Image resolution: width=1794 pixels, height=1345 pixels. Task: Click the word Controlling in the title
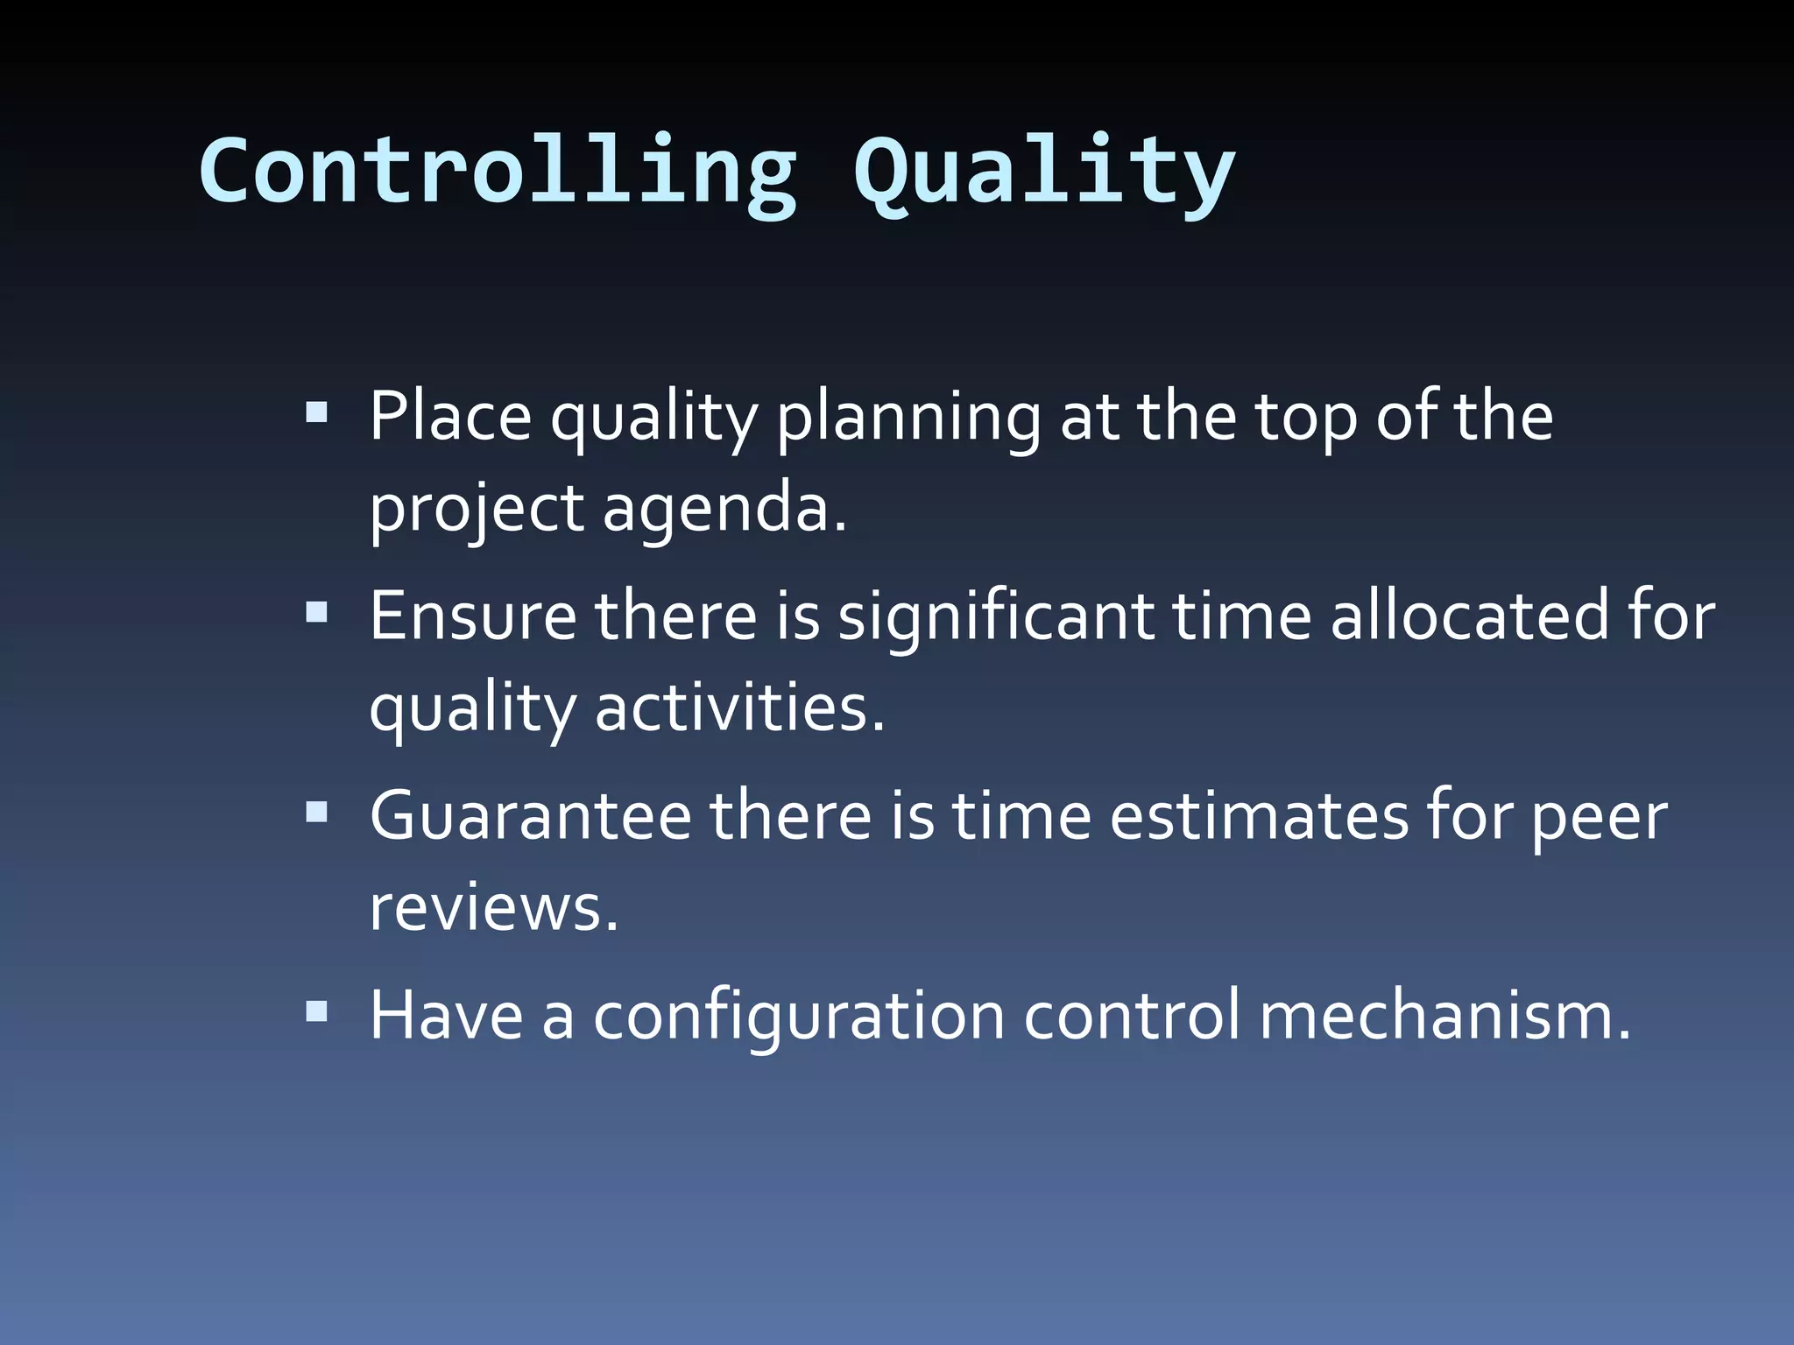click(x=498, y=173)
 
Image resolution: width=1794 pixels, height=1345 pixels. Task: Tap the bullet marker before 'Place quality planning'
click(x=316, y=412)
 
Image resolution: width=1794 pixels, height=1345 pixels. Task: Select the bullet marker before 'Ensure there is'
click(x=316, y=611)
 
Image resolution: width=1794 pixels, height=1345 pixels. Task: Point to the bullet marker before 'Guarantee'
click(x=316, y=812)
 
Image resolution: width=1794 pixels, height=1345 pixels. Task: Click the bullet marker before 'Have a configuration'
click(x=316, y=1012)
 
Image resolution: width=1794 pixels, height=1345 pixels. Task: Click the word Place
click(x=449, y=416)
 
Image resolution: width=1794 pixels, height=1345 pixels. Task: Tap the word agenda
click(x=724, y=511)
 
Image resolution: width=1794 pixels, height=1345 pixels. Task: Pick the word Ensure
click(x=472, y=616)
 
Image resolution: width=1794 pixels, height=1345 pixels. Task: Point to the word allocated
click(x=1469, y=616)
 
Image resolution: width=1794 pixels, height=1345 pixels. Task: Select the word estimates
click(x=1258, y=817)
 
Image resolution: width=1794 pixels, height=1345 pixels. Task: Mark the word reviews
click(x=493, y=909)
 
